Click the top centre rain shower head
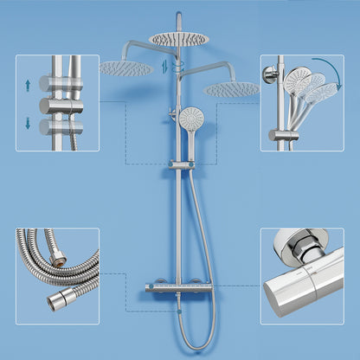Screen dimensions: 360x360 (178, 38)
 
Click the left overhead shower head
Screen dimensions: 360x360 (125, 67)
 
